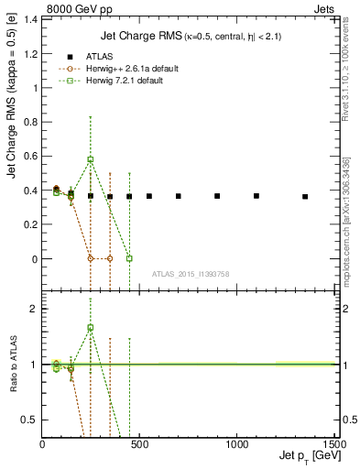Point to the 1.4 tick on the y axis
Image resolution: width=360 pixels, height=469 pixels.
click(x=33, y=19)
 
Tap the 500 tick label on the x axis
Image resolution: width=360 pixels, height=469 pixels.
click(x=139, y=444)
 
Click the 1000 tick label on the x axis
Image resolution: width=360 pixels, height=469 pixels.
click(x=236, y=444)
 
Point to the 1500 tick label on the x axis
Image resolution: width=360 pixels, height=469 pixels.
click(x=332, y=444)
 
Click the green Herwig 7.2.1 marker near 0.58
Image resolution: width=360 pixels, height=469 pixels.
click(x=90, y=159)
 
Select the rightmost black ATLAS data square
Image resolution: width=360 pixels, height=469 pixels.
click(x=305, y=196)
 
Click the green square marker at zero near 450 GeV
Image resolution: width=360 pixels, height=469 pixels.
click(x=129, y=258)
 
